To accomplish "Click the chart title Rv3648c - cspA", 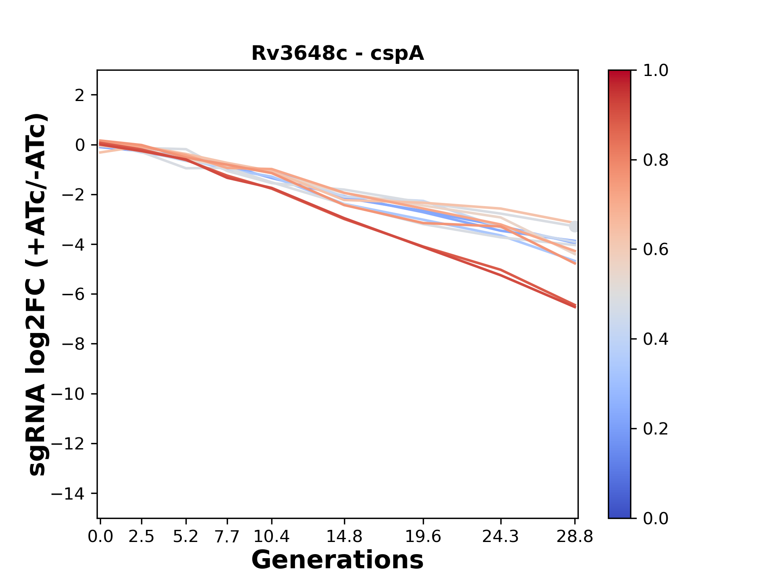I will coord(337,53).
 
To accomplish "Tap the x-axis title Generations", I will coord(337,560).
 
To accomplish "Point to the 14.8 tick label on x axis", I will coord(344,537).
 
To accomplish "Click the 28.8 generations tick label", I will coord(575,537).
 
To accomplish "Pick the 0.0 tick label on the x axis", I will coord(100,537).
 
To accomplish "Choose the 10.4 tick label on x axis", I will coord(271,537).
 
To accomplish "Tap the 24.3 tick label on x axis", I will coord(501,537).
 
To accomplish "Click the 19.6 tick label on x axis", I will coord(423,537).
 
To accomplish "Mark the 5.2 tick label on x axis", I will coord(186,537).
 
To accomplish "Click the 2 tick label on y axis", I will coord(80,95).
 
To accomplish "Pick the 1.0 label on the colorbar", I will coord(656,71).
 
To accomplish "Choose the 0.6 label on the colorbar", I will coord(656,250).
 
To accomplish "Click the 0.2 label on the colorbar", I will coord(656,429).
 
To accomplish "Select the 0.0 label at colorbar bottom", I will coord(656,518).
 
